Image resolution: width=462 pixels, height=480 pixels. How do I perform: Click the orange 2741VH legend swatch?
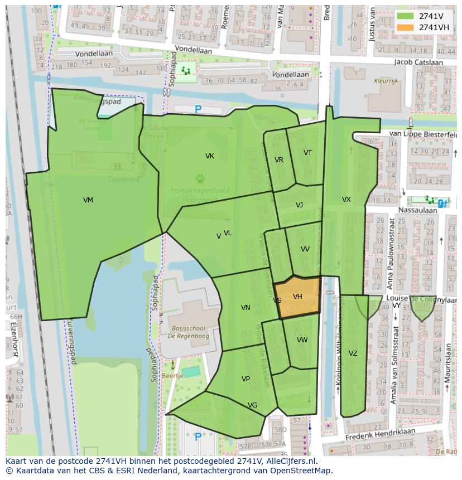pyautogui.click(x=406, y=27)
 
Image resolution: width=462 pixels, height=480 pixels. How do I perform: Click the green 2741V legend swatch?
pyautogui.click(x=406, y=16)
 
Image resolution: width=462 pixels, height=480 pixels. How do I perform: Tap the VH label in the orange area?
pyautogui.click(x=297, y=297)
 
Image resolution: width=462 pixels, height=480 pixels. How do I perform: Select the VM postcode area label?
pyautogui.click(x=88, y=200)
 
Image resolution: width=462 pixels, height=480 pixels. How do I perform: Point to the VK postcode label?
pyautogui.click(x=210, y=156)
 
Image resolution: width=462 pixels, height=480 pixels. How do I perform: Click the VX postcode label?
pyautogui.click(x=346, y=200)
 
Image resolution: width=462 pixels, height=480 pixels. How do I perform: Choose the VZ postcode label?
pyautogui.click(x=353, y=353)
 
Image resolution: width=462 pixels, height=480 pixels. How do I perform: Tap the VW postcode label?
pyautogui.click(x=302, y=340)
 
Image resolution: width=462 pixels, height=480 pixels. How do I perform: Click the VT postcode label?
pyautogui.click(x=307, y=153)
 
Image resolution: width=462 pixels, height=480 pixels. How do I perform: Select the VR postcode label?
pyautogui.click(x=279, y=160)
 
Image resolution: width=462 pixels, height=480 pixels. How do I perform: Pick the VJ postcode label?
pyautogui.click(x=299, y=205)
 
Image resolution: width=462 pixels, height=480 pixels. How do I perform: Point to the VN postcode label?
pyautogui.click(x=246, y=308)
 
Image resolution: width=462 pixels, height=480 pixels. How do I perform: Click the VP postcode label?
pyautogui.click(x=246, y=379)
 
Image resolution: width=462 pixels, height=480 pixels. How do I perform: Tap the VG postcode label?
pyautogui.click(x=252, y=405)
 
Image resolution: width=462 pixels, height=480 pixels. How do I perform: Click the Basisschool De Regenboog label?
pyautogui.click(x=190, y=333)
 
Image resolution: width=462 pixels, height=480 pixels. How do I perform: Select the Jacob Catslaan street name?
pyautogui.click(x=418, y=62)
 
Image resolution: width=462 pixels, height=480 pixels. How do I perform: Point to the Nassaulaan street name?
pyautogui.click(x=417, y=210)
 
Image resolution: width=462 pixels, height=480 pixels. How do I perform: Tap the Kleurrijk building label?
pyautogui.click(x=386, y=81)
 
